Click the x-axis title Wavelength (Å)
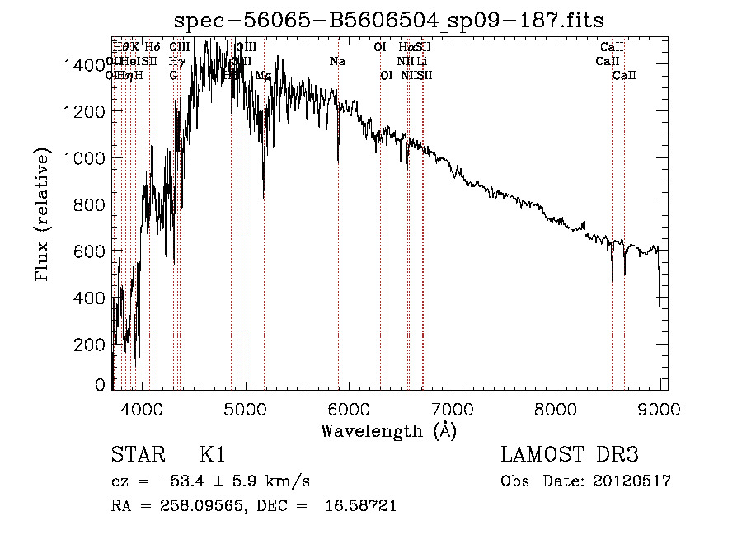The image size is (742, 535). [x=388, y=430]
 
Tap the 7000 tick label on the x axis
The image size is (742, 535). [x=453, y=409]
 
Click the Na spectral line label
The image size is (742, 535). [x=337, y=62]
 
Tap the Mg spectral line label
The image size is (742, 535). [x=263, y=76]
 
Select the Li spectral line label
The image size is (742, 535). [x=421, y=62]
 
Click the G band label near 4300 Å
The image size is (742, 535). [x=173, y=76]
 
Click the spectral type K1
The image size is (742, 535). [x=212, y=455]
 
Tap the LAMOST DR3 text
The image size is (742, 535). [x=569, y=455]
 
